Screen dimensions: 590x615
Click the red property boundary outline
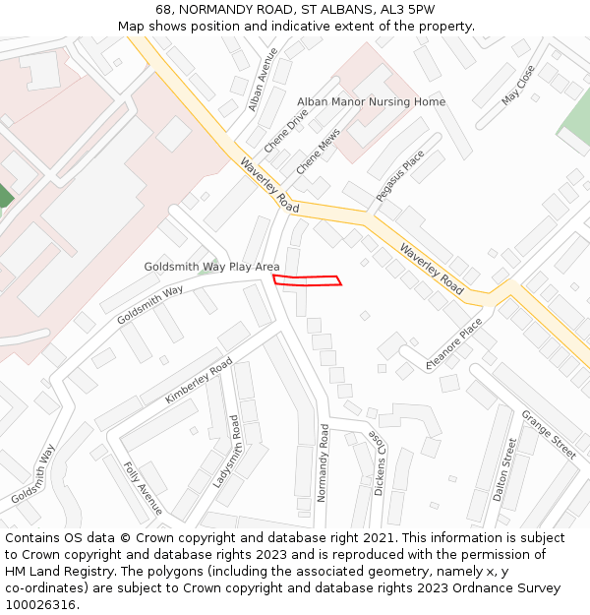tap(307, 281)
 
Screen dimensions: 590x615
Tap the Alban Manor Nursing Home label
tap(371, 102)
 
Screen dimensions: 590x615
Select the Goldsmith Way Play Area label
tap(211, 267)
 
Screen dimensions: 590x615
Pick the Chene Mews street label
tap(318, 151)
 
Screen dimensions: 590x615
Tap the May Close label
tap(517, 85)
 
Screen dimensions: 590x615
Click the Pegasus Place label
tap(400, 176)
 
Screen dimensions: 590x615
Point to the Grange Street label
tap(548, 434)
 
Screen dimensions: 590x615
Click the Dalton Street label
tap(504, 469)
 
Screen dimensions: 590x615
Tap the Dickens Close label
tap(378, 461)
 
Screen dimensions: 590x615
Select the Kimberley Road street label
tap(199, 381)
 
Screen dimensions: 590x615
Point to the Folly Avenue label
tap(143, 488)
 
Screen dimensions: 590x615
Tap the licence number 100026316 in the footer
tap(41, 604)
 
